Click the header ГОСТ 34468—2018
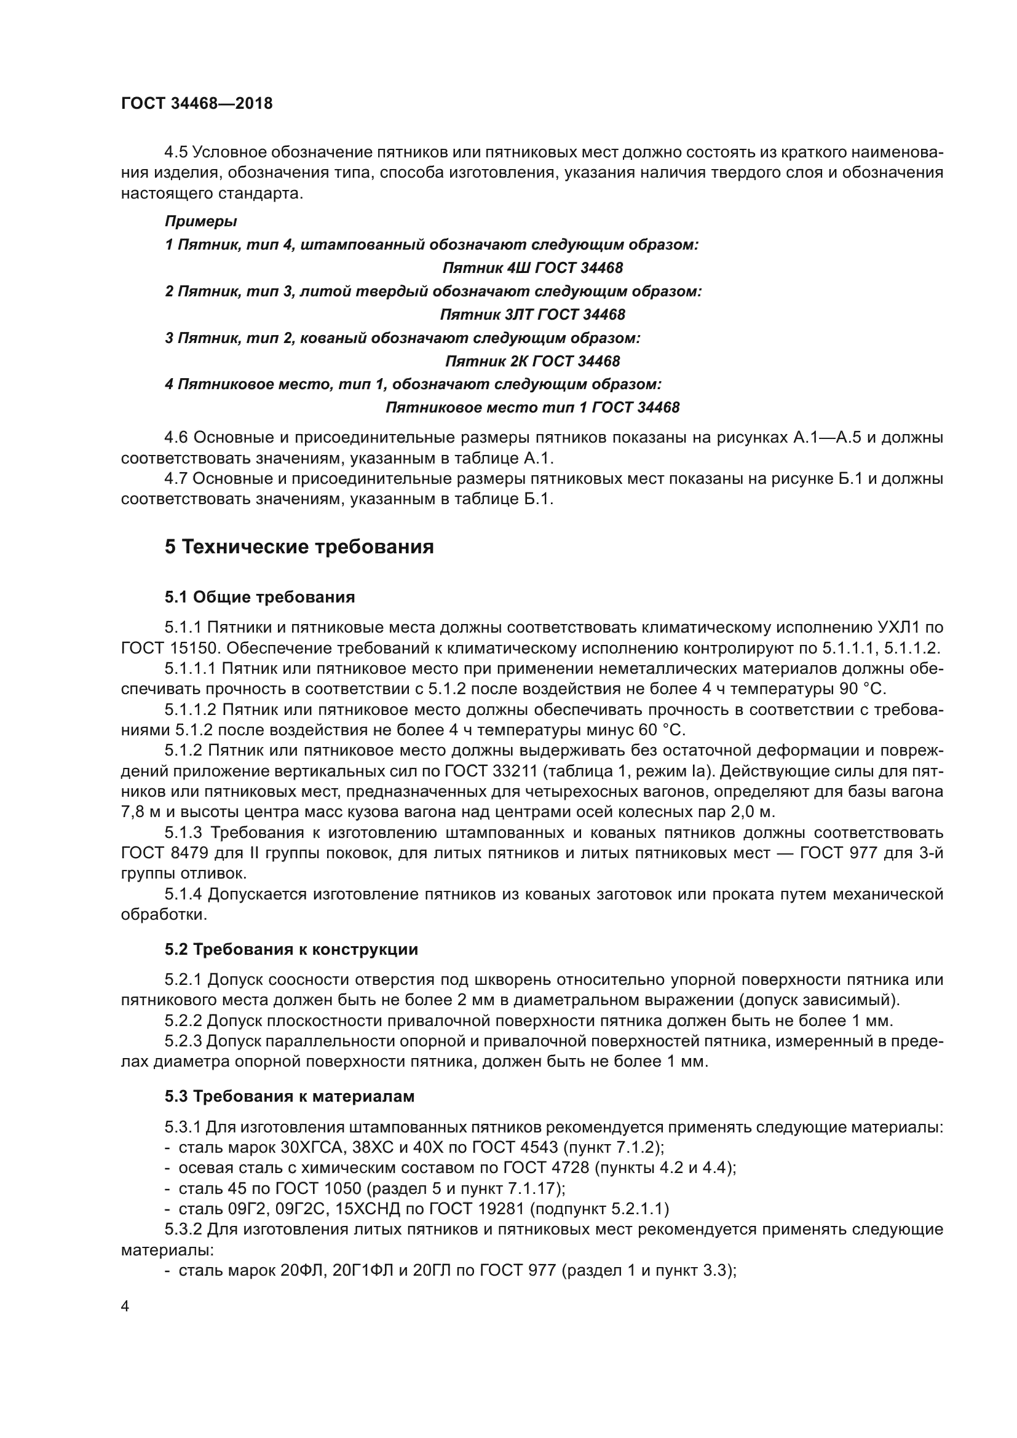197,103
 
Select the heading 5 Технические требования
299,547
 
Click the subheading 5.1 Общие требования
260,597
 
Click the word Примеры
200,221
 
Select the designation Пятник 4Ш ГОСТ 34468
532,268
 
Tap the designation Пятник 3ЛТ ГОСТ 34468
532,314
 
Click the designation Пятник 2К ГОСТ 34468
532,361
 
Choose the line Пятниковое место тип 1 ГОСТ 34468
532,408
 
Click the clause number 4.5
176,152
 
